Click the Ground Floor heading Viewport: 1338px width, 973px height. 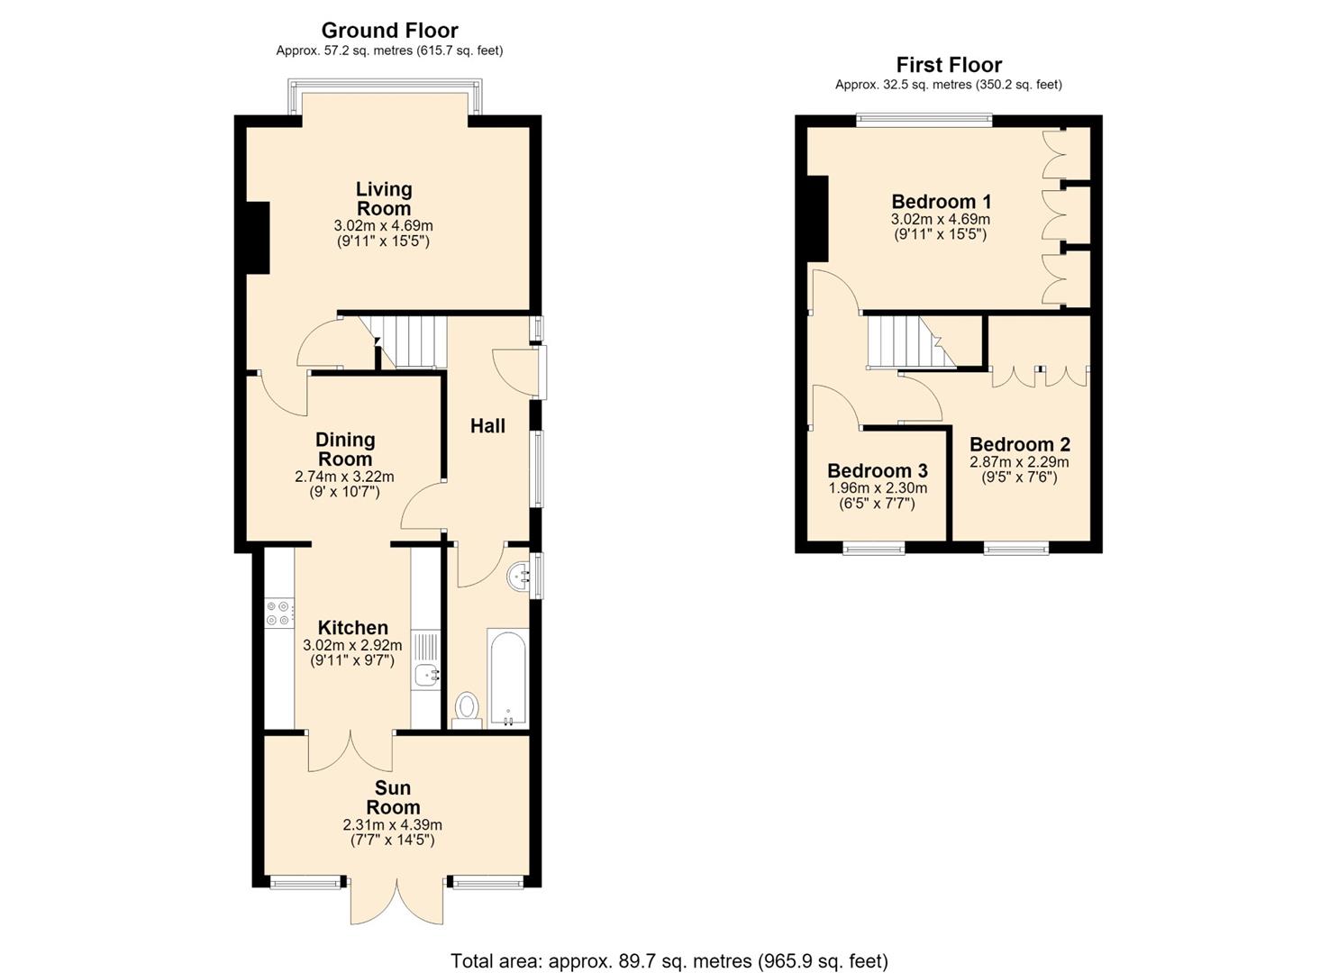pyautogui.click(x=389, y=31)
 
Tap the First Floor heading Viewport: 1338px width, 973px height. pyautogui.click(x=949, y=65)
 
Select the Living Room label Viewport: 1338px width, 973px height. pyautogui.click(x=384, y=199)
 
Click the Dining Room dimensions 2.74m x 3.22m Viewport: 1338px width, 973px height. pyautogui.click(x=345, y=477)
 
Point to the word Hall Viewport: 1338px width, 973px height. pyautogui.click(x=487, y=426)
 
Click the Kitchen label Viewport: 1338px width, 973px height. pyautogui.click(x=352, y=628)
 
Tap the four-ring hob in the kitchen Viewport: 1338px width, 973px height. pyautogui.click(x=279, y=614)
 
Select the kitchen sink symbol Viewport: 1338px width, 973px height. pyautogui.click(x=426, y=675)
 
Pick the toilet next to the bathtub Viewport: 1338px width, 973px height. pyautogui.click(x=467, y=711)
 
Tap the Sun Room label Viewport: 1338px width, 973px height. pyautogui.click(x=393, y=797)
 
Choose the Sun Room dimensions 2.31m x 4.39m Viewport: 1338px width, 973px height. pyautogui.click(x=393, y=825)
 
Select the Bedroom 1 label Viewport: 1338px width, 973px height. pyautogui.click(x=942, y=201)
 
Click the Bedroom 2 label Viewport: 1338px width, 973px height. pyautogui.click(x=1020, y=444)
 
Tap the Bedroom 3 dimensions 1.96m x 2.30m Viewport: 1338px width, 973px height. pyautogui.click(x=878, y=488)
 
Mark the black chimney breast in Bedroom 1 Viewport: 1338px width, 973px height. pyautogui.click(x=817, y=219)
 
